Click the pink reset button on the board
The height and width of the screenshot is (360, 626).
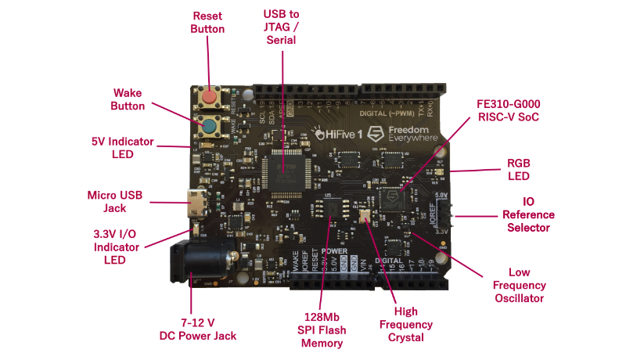pyautogui.click(x=209, y=98)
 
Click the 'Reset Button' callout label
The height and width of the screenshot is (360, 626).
pyautogui.click(x=208, y=22)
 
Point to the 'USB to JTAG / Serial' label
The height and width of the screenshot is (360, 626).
pyautogui.click(x=281, y=27)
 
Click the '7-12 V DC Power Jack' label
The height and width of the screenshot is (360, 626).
pyautogui.click(x=192, y=329)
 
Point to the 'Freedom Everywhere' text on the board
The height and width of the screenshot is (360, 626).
pyautogui.click(x=408, y=134)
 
